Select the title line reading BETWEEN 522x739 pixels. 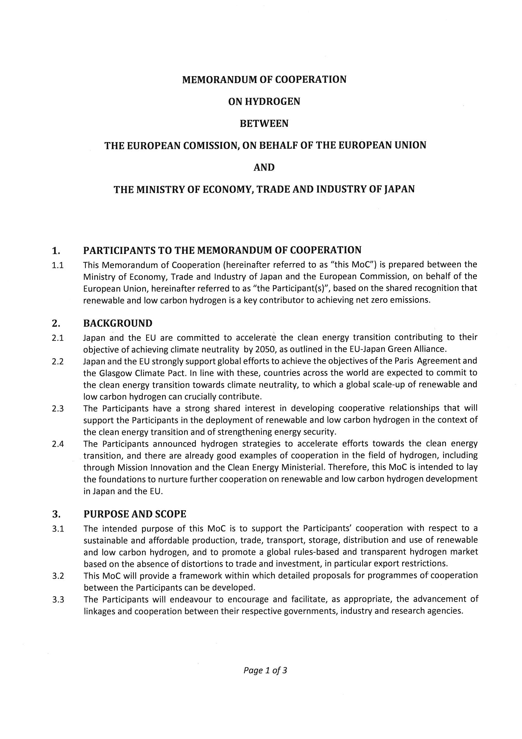click(x=264, y=123)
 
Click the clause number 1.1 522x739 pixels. click(x=57, y=265)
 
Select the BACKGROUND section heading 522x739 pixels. click(x=118, y=323)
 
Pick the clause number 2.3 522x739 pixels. click(x=58, y=409)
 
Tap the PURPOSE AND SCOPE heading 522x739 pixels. click(x=135, y=514)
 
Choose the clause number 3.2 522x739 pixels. click(x=58, y=576)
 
